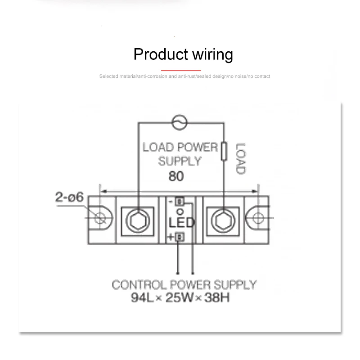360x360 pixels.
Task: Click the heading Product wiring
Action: [x=183, y=54]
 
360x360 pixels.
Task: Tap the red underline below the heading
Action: [x=181, y=70]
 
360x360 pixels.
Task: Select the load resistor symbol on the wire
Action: [x=224, y=151]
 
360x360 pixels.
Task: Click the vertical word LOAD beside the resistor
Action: [x=240, y=158]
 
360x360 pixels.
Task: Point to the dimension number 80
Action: [x=176, y=177]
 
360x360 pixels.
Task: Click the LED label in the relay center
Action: [x=181, y=223]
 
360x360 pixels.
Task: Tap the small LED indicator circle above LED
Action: [x=180, y=211]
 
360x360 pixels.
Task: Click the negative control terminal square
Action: [x=179, y=202]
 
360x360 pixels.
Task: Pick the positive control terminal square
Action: [x=180, y=237]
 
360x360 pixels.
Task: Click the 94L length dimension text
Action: [x=144, y=297]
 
